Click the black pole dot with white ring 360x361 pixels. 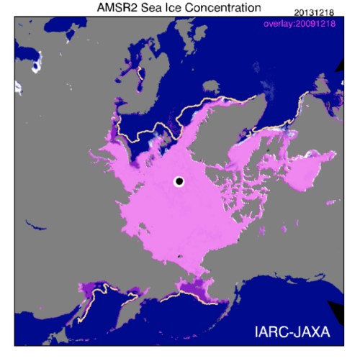179,182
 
